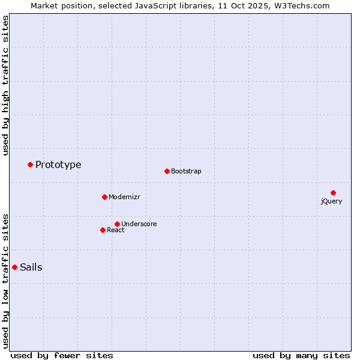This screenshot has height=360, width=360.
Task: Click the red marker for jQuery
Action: [x=333, y=193]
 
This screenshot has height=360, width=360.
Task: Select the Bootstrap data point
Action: [x=167, y=171]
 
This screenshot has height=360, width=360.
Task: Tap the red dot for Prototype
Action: [x=30, y=164]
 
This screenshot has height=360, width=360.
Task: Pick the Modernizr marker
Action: [x=104, y=197]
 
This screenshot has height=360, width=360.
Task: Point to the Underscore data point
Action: [x=117, y=224]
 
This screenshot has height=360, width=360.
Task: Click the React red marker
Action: [x=103, y=230]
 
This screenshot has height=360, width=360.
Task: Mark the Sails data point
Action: [x=14, y=267]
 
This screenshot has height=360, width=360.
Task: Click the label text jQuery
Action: [x=331, y=202]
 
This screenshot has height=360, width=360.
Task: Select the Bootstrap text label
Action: [x=186, y=172]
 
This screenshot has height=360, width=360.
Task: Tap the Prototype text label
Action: [x=58, y=165]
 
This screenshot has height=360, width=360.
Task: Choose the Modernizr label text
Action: [x=124, y=197]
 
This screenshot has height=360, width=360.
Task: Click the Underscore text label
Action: [x=139, y=224]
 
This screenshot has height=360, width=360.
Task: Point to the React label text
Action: [x=116, y=230]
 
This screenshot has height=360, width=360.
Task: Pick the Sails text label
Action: [x=31, y=268]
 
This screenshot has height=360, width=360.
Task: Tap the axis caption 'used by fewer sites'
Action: [x=62, y=355]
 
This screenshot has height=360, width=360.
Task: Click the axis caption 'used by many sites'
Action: [x=301, y=355]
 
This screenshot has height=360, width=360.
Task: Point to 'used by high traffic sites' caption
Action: [x=6, y=85]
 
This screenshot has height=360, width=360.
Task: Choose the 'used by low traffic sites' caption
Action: [x=6, y=280]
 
